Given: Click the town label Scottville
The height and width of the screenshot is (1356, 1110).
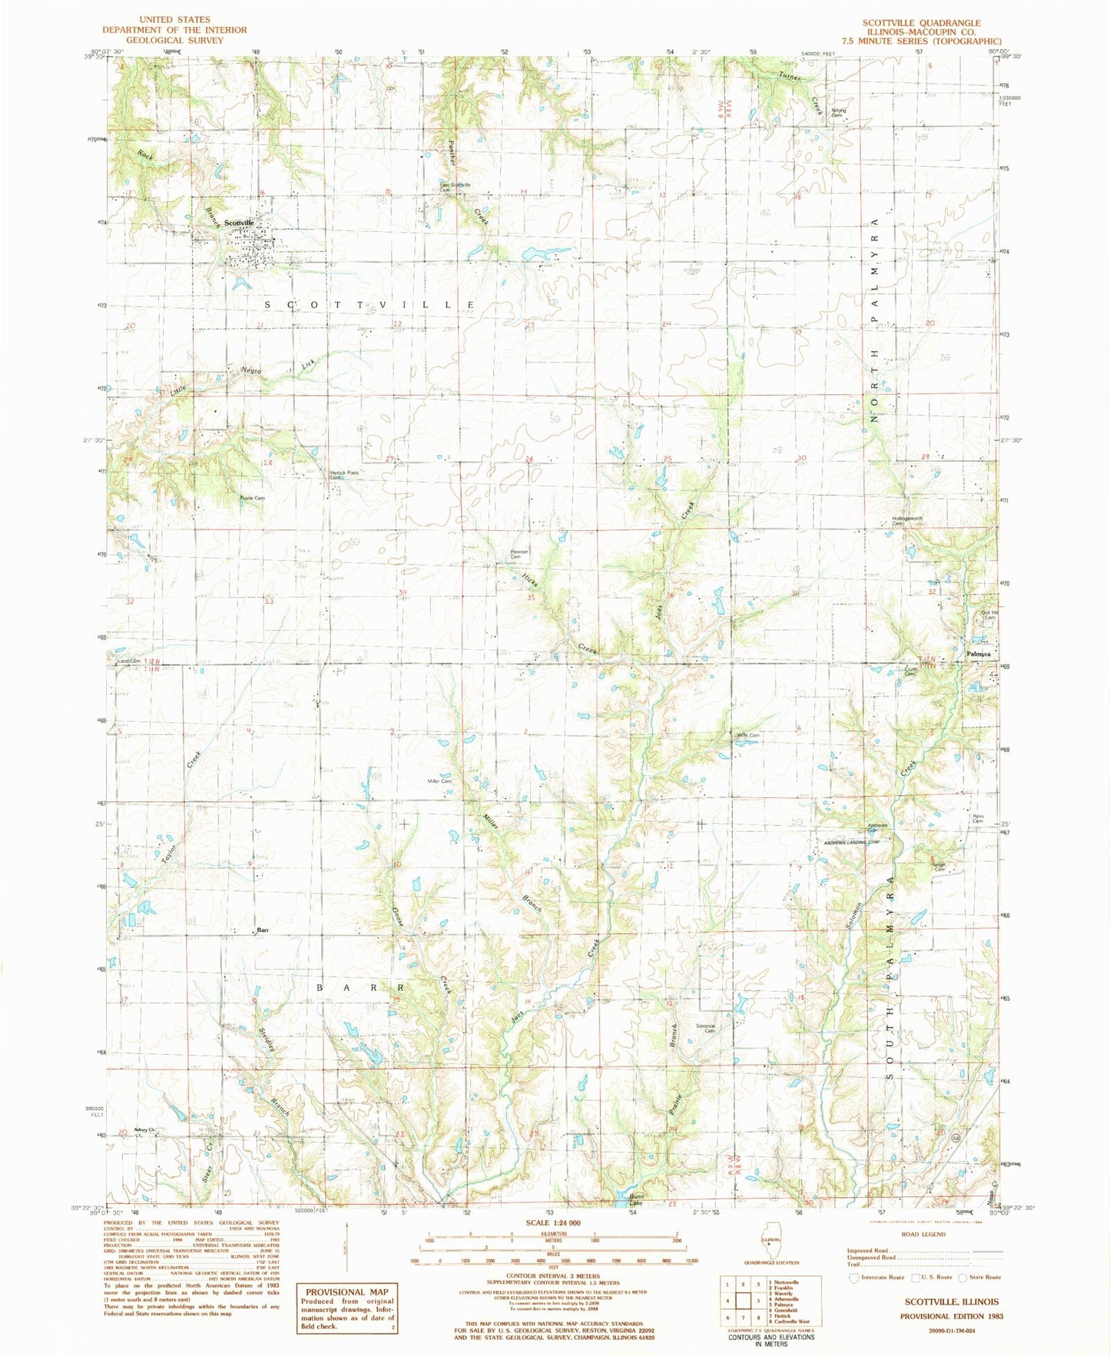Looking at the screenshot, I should pyautogui.click(x=240, y=223).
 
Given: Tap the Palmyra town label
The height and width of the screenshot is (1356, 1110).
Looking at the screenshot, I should pyautogui.click(x=978, y=654).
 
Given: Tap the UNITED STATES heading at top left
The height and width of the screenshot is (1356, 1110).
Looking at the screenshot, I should pyautogui.click(x=174, y=19).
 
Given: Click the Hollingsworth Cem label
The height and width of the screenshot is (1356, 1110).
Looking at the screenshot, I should pyautogui.click(x=907, y=520).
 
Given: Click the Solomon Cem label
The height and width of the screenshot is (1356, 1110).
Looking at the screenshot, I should pyautogui.click(x=706, y=1027).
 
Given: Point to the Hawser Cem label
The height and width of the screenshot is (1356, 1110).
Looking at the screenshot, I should pyautogui.click(x=519, y=553).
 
